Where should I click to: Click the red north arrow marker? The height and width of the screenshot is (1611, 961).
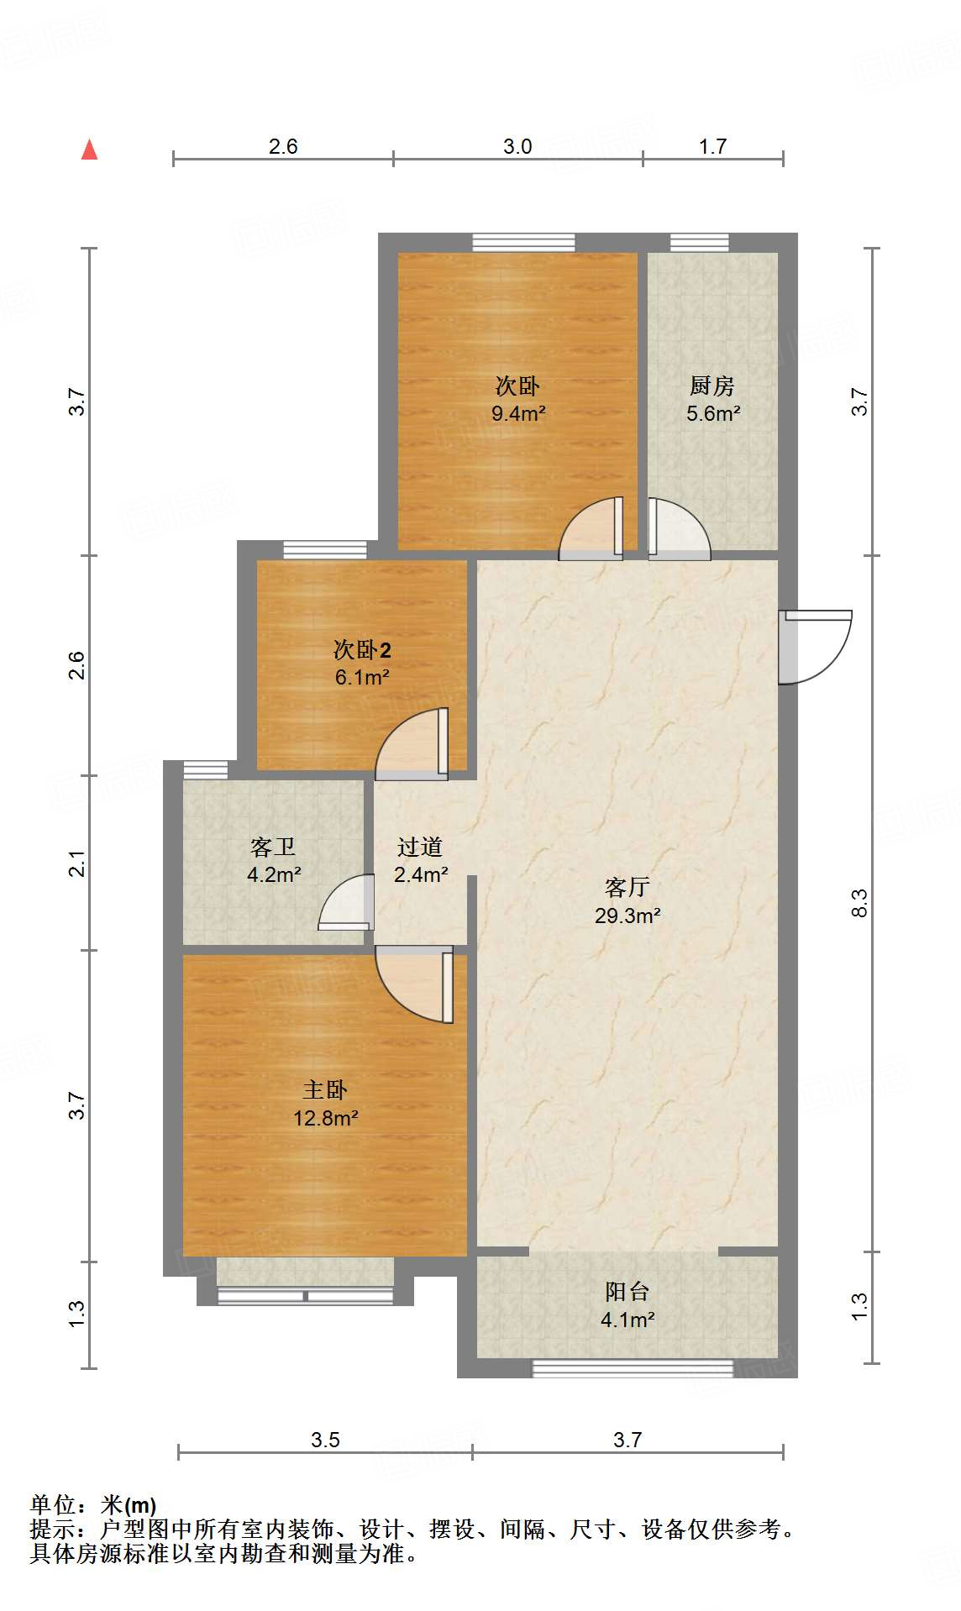(89, 150)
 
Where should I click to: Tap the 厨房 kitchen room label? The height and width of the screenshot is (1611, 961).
(712, 386)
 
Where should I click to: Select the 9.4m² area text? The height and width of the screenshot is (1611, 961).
(518, 413)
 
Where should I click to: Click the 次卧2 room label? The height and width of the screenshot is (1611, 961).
(362, 649)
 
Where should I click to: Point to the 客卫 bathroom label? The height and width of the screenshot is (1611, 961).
(273, 847)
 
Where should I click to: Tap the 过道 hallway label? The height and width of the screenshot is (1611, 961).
(420, 847)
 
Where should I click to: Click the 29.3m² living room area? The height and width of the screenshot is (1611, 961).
(627, 916)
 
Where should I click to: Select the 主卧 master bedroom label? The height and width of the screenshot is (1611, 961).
(325, 1090)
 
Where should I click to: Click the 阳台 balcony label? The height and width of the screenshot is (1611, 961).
(627, 1292)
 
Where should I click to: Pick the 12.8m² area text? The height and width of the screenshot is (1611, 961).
(325, 1118)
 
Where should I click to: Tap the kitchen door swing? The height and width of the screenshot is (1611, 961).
(677, 529)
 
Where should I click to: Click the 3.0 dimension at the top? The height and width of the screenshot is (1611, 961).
(517, 146)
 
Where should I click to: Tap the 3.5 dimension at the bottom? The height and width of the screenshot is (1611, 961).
(325, 1440)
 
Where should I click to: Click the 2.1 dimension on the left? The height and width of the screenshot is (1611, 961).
(77, 863)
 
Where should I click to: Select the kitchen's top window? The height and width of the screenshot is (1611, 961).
(699, 243)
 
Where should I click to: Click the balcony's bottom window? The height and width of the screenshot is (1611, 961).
(633, 1368)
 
